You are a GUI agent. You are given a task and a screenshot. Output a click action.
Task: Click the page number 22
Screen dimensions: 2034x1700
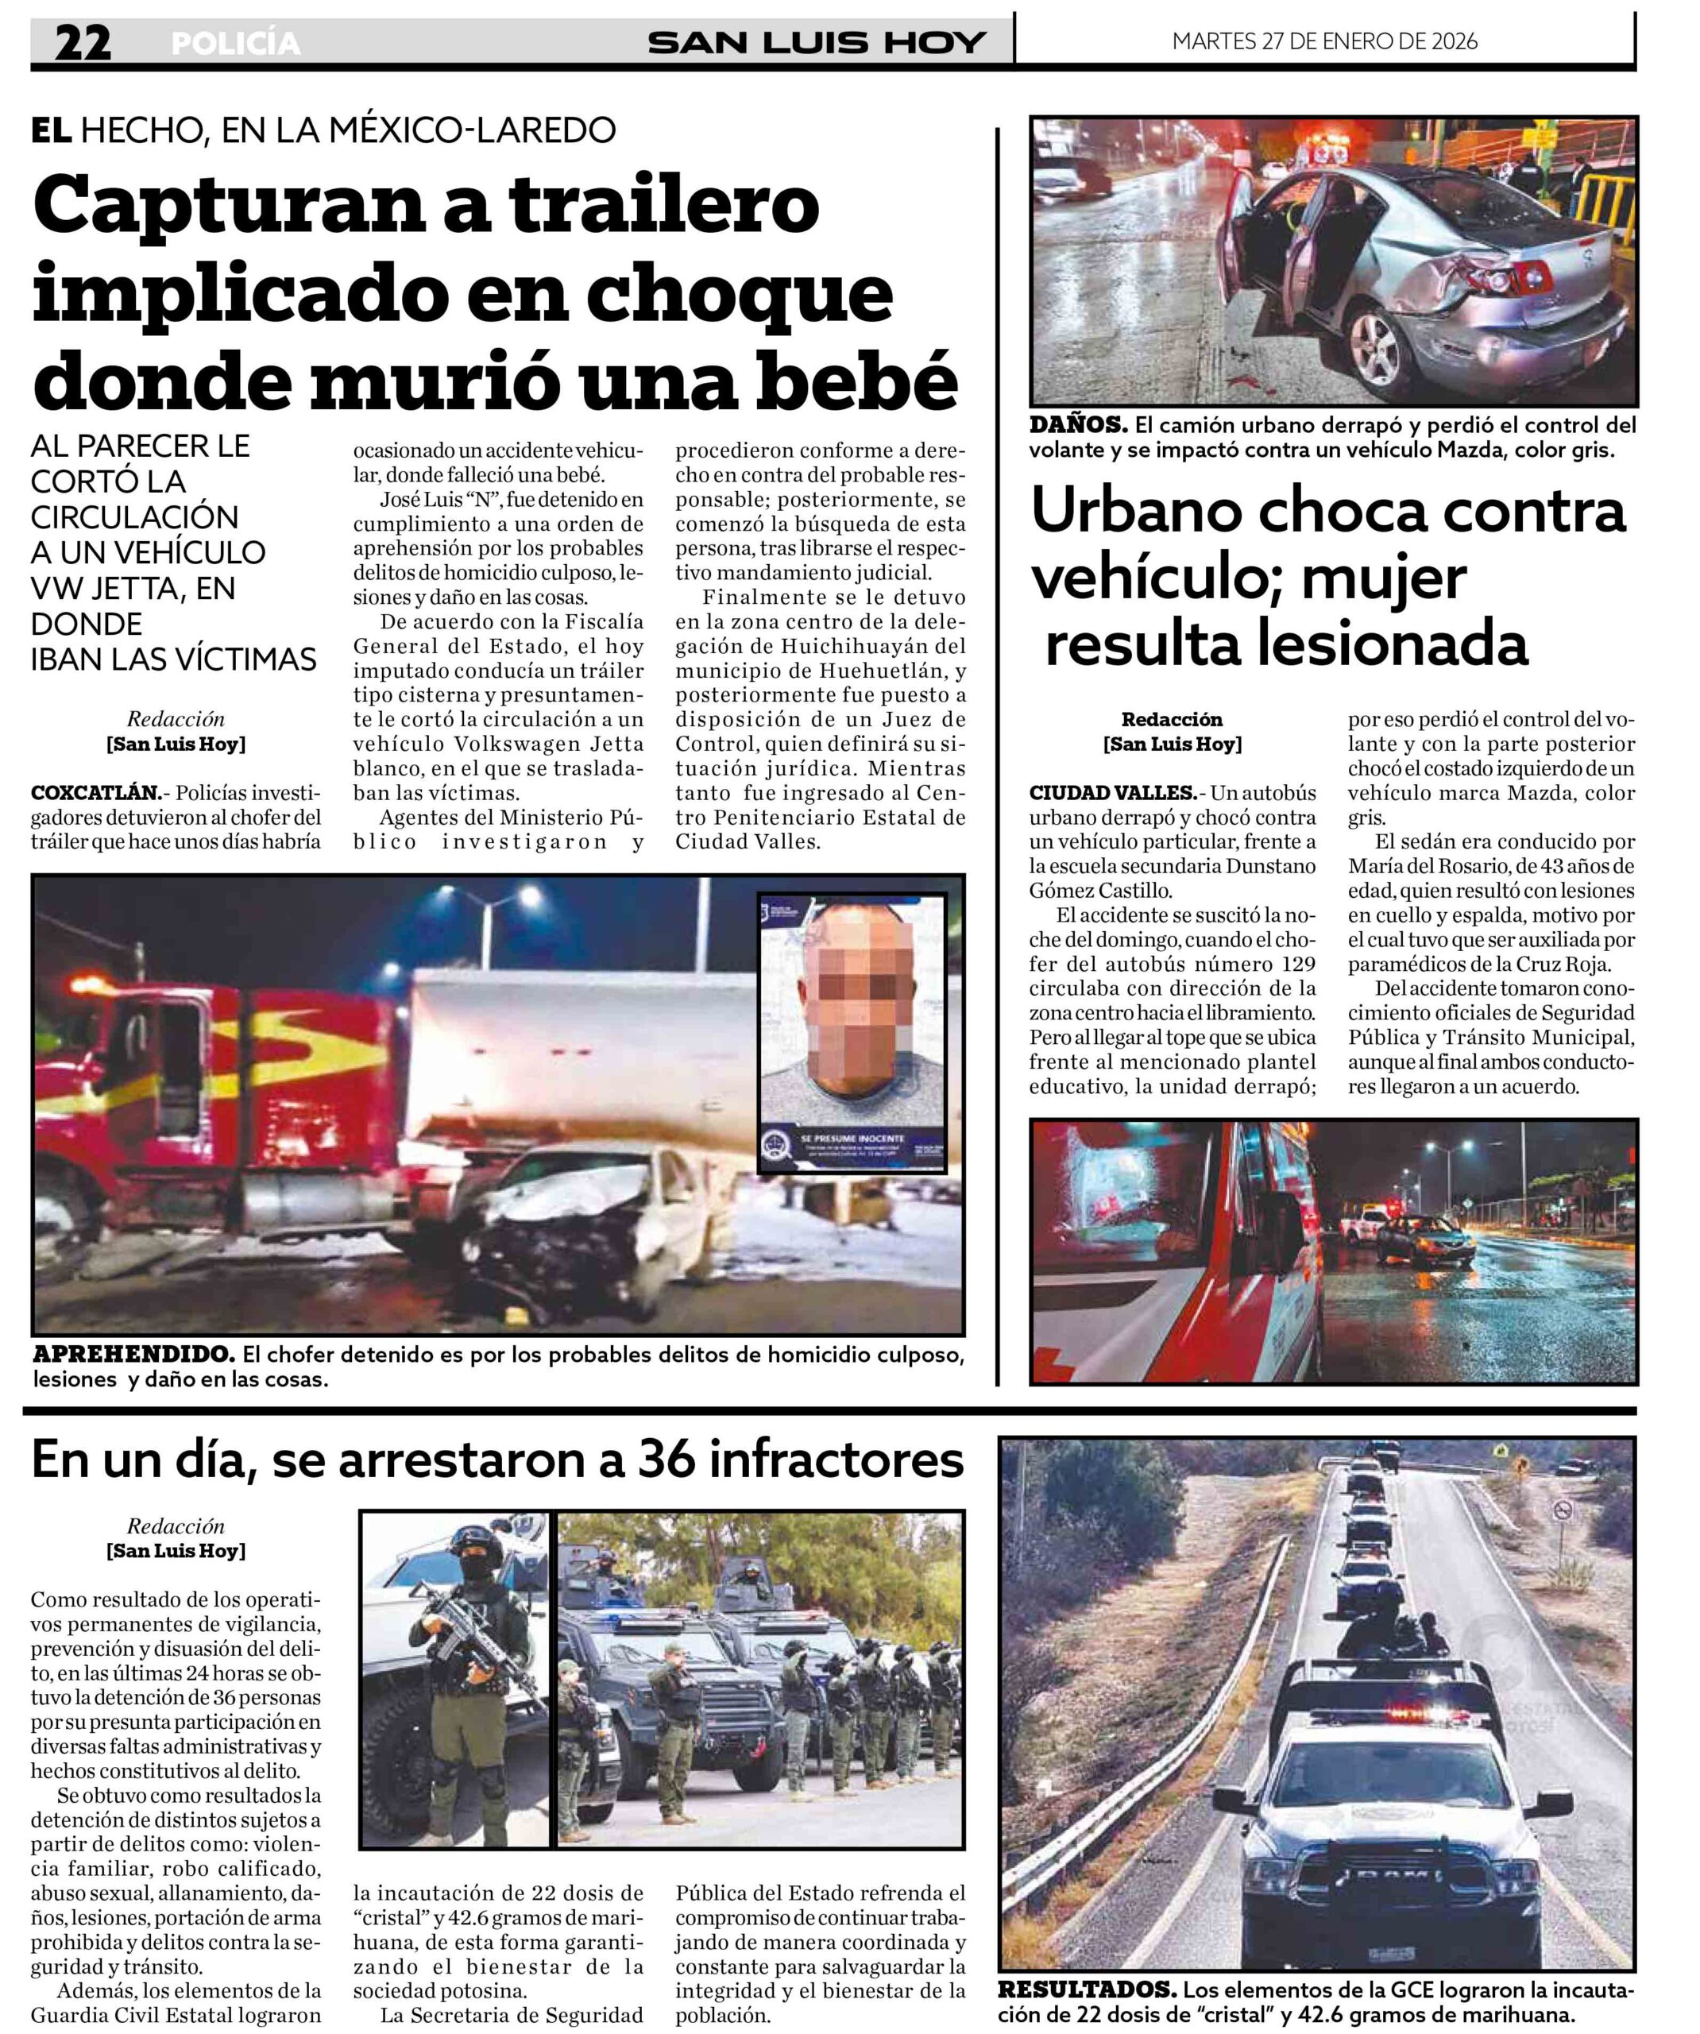coord(83,43)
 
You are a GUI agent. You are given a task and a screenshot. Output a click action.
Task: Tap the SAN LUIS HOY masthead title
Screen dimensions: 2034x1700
coord(816,43)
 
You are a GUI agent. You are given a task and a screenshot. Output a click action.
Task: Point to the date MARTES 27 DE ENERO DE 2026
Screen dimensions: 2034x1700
coord(1324,41)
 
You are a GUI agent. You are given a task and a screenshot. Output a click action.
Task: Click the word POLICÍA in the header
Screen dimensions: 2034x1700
coord(235,44)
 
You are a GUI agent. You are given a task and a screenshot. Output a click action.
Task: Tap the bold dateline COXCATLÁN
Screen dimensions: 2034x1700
coord(95,792)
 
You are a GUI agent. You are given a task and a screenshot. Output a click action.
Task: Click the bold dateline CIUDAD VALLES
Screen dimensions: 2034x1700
coord(1112,792)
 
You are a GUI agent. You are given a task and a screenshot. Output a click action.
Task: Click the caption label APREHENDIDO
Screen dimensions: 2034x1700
coord(133,1353)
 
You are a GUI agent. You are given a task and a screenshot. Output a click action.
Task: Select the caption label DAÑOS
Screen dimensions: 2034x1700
coord(1077,424)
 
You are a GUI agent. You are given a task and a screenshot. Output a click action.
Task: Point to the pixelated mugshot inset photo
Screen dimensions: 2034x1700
coord(851,1031)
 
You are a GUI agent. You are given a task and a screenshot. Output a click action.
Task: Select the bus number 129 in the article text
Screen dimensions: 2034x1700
coord(1296,964)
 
